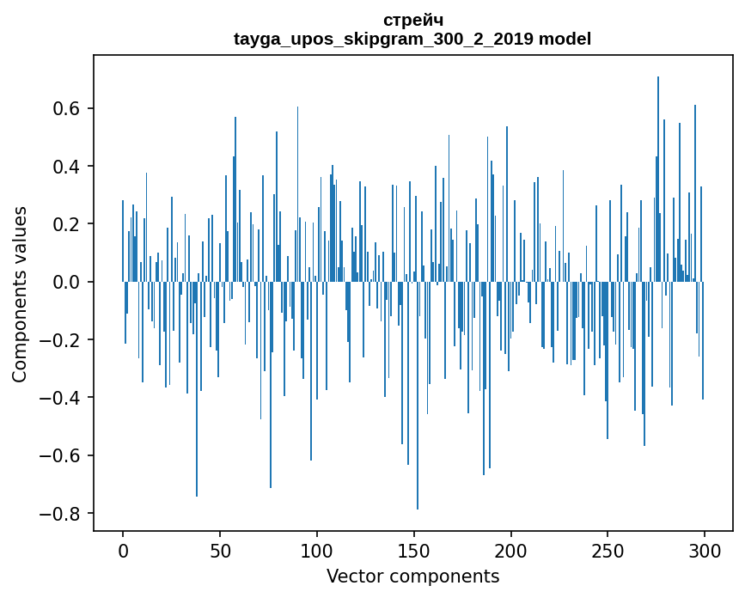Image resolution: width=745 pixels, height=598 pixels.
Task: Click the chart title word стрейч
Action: coord(412,20)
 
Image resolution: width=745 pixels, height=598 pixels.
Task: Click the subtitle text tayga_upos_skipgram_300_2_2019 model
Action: coord(412,39)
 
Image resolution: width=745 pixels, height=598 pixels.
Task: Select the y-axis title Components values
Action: coord(20,294)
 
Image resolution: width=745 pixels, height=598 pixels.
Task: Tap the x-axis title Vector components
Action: coord(412,577)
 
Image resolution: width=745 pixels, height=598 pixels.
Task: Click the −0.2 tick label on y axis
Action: coord(62,340)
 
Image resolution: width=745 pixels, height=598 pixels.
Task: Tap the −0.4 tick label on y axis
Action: coord(62,398)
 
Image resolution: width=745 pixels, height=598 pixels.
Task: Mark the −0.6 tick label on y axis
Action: coord(62,455)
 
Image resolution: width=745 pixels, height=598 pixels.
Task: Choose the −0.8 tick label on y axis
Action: coord(62,514)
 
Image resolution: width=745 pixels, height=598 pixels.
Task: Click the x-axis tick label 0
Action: coord(123,549)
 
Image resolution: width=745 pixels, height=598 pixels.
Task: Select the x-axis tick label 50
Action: coord(220,549)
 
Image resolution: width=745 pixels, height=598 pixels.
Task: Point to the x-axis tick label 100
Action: coord(317,549)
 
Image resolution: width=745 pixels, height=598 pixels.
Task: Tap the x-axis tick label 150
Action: coord(414,549)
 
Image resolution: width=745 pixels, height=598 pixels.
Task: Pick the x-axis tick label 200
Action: coord(511,549)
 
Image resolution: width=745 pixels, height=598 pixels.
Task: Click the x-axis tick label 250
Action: coord(608,549)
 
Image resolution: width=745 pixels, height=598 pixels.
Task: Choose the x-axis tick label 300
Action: coord(705,549)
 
